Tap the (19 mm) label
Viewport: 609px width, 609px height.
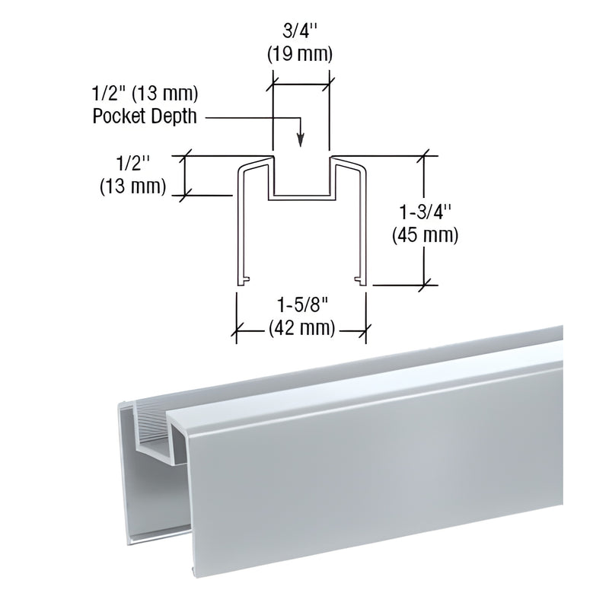tap(302, 55)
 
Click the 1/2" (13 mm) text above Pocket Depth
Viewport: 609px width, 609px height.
tap(145, 95)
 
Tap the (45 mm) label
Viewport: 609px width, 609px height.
tap(424, 235)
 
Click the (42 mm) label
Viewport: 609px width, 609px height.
tap(302, 329)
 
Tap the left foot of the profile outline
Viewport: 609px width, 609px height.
tap(241, 282)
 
